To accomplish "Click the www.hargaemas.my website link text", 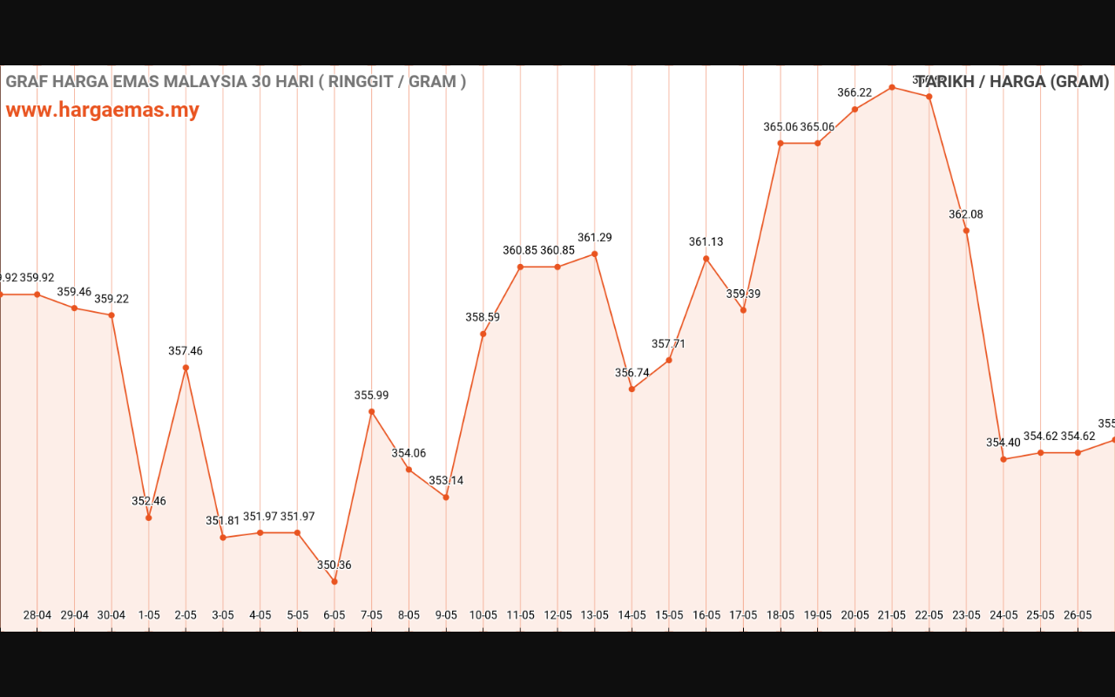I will [x=103, y=111].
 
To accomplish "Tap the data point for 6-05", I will [x=334, y=581].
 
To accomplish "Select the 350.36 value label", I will [x=334, y=565].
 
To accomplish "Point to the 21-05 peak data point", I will [x=892, y=87].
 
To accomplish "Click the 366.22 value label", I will [x=855, y=93].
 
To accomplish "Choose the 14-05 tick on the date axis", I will [x=632, y=615].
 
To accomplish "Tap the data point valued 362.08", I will [x=966, y=231].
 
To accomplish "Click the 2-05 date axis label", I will [x=186, y=615].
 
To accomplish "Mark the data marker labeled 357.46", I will [x=186, y=368].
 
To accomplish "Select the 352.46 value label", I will [x=149, y=502].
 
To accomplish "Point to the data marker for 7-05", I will [x=371, y=411].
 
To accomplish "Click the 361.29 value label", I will [x=595, y=238].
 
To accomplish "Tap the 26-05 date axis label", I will [x=1078, y=615].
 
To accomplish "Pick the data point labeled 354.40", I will [x=1003, y=459].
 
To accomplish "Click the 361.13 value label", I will [x=706, y=242].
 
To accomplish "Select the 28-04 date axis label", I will [x=37, y=615].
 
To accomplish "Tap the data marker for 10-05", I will [x=483, y=334].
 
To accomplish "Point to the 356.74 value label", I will [x=632, y=373].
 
